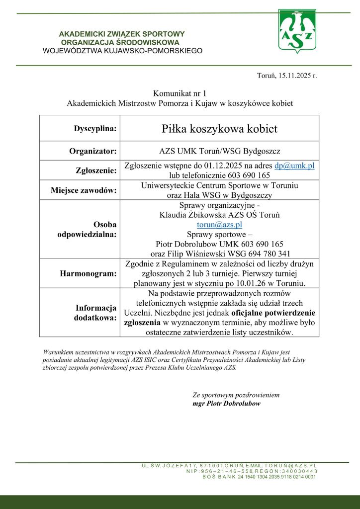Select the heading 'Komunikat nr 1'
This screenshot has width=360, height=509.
[x=180, y=93]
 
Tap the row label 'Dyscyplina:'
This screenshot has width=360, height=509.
[x=95, y=129]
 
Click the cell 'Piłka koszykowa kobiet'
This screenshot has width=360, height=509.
[x=219, y=129]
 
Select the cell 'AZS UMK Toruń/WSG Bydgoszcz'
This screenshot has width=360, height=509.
[x=219, y=151]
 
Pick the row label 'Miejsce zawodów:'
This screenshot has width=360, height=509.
[x=84, y=190]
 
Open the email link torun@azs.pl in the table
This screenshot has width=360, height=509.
[x=219, y=225]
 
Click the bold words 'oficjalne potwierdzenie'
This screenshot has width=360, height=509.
[x=270, y=313]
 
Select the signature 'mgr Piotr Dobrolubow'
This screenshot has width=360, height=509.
[x=226, y=404]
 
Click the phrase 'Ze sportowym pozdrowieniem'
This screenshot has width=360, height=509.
[x=236, y=395]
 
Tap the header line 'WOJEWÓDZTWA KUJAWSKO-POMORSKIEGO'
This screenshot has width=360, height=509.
[x=122, y=50]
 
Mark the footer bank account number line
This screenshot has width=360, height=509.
[x=259, y=477]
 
